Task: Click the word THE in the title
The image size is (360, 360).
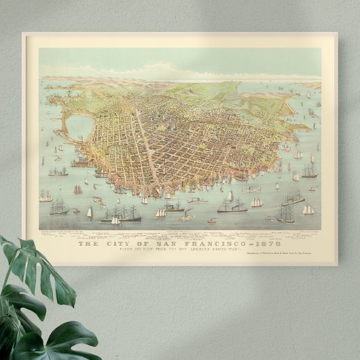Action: click(x=88, y=244)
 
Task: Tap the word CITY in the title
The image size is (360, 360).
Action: click(x=112, y=244)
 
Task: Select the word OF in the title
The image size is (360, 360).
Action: click(x=134, y=244)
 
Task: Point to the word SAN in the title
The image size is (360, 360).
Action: click(x=154, y=244)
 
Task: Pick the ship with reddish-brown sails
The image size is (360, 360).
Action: click(x=77, y=190)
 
